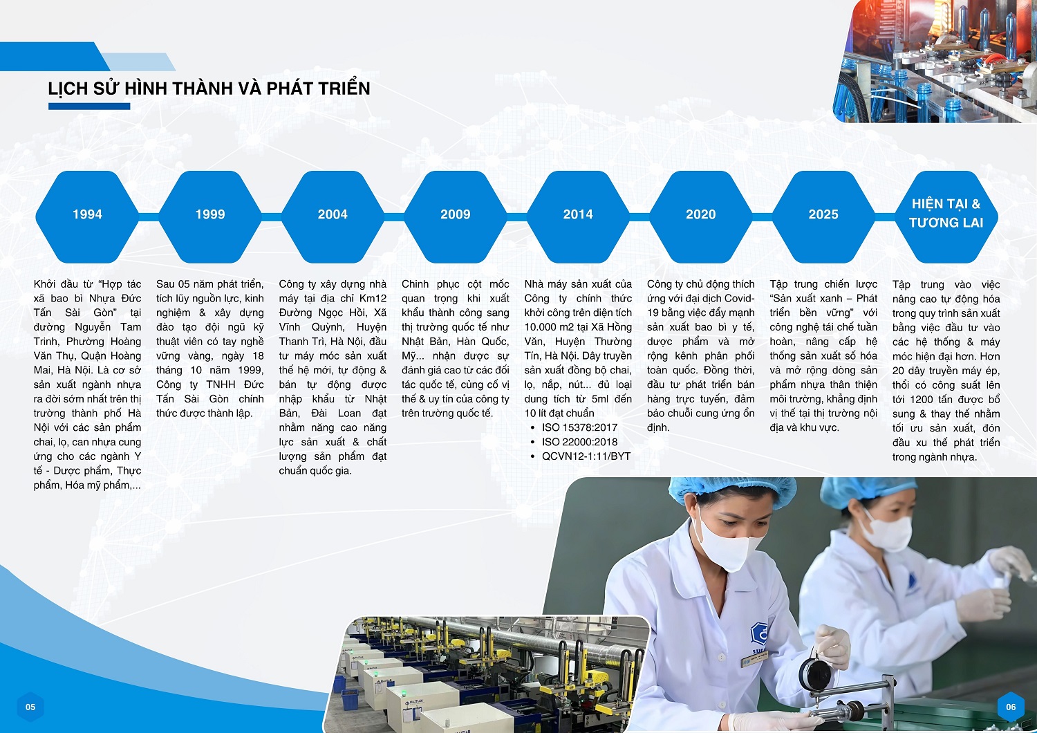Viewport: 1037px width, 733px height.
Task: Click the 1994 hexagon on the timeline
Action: tap(88, 216)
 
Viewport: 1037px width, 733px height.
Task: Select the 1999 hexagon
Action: tap(210, 216)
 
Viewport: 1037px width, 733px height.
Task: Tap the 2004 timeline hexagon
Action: tap(333, 216)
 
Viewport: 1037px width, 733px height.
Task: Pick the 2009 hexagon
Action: tap(456, 216)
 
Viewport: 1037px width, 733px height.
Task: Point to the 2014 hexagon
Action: tap(578, 216)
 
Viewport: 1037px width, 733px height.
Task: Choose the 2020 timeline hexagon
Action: tap(701, 216)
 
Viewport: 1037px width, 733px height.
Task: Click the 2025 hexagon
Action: tap(823, 216)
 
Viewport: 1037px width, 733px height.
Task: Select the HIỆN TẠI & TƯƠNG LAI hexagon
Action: tap(946, 216)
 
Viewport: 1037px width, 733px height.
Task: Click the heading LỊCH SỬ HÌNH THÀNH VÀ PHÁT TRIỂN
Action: tap(209, 89)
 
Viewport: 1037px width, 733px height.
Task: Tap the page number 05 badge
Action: tap(30, 707)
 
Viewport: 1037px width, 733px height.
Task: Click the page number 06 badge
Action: tap(1011, 707)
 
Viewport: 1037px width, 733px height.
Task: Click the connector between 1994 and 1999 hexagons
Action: tap(149, 217)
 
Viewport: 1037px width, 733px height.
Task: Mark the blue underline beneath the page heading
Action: tap(89, 106)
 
